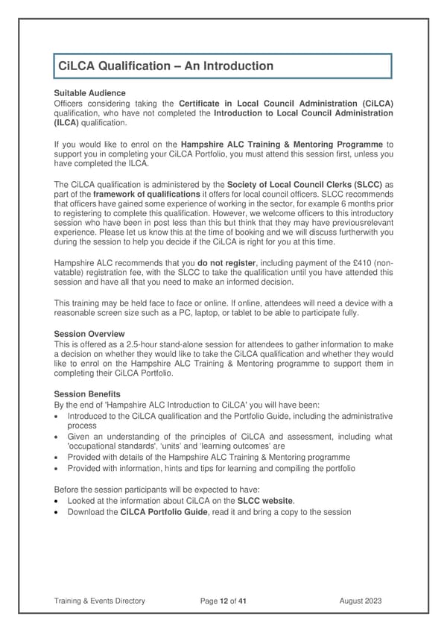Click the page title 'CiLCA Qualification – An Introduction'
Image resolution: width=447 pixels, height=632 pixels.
coord(166,66)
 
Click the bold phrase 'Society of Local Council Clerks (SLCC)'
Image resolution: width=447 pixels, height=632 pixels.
coord(311,184)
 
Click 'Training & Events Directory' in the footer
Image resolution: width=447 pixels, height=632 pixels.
coord(100,601)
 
